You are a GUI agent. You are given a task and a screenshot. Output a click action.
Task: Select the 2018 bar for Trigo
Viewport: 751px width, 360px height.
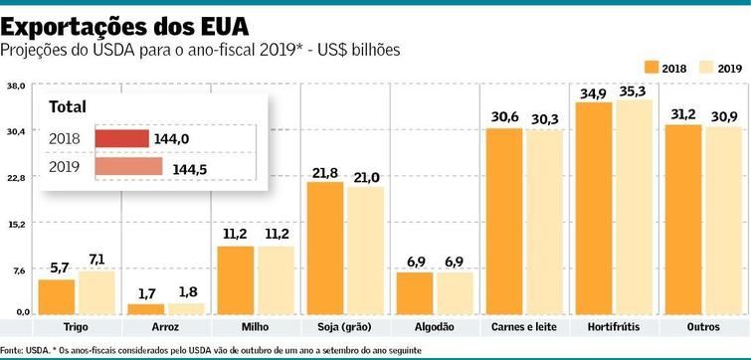(x=57, y=296)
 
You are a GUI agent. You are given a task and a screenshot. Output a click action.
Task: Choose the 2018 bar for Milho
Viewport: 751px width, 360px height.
(x=236, y=279)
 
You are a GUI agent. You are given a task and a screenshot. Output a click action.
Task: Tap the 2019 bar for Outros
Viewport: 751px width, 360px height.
(x=723, y=220)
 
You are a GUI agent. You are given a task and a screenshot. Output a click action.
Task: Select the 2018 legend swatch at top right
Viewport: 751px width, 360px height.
(x=653, y=67)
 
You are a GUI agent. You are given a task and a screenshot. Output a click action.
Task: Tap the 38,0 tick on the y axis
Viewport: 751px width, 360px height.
(x=15, y=87)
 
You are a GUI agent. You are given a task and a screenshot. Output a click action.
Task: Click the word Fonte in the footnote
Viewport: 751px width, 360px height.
(x=11, y=350)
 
